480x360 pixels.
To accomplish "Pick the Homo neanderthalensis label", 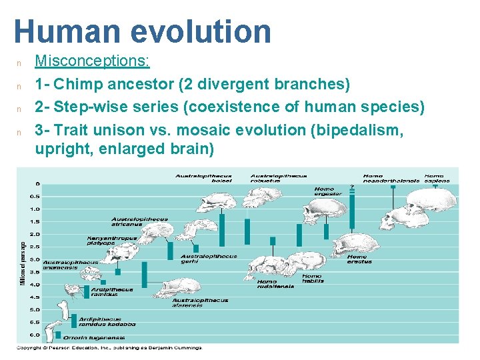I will [391, 179].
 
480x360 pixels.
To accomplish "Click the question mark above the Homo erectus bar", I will [352, 187].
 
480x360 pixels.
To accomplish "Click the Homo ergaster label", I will [328, 191].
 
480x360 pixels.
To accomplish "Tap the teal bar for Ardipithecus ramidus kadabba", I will [74, 321].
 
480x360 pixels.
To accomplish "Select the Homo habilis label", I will [312, 279].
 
